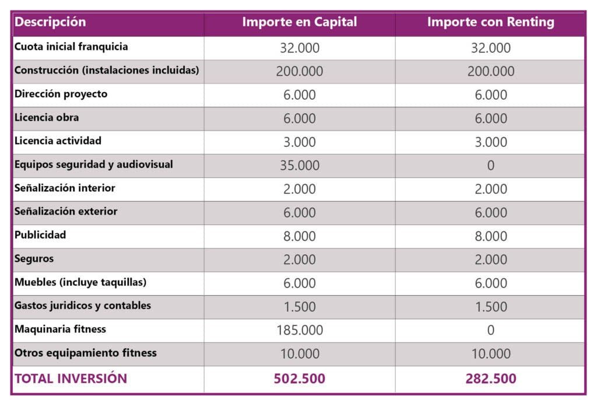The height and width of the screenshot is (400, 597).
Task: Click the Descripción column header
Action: point(50,22)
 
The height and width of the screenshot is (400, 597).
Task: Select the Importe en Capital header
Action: point(300,22)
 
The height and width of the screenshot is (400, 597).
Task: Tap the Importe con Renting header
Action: point(490,22)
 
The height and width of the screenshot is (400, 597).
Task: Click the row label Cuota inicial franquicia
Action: point(71,47)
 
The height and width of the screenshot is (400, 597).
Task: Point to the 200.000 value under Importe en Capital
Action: point(300,71)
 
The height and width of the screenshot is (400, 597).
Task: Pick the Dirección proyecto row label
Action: point(61,94)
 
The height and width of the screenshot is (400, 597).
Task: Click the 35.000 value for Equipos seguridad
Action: point(300,165)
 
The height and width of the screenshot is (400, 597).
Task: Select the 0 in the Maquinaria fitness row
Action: point(490,330)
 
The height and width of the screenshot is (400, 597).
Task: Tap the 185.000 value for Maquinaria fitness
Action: point(300,330)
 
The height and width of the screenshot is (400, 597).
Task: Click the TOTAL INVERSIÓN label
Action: point(71,378)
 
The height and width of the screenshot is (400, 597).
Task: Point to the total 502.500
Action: point(300,378)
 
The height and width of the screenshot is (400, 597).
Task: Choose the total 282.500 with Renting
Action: point(490,378)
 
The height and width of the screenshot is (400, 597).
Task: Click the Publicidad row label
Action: point(40,235)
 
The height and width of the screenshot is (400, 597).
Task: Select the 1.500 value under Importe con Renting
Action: point(490,307)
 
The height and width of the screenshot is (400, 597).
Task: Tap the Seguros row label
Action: point(34,258)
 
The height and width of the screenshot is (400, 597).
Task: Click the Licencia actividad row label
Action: point(58,141)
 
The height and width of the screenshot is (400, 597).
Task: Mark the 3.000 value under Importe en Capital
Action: point(300,142)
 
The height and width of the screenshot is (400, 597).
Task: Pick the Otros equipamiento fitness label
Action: point(86,353)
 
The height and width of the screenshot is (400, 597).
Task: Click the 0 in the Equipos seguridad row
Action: point(490,165)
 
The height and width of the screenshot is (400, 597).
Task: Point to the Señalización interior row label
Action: point(65,188)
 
